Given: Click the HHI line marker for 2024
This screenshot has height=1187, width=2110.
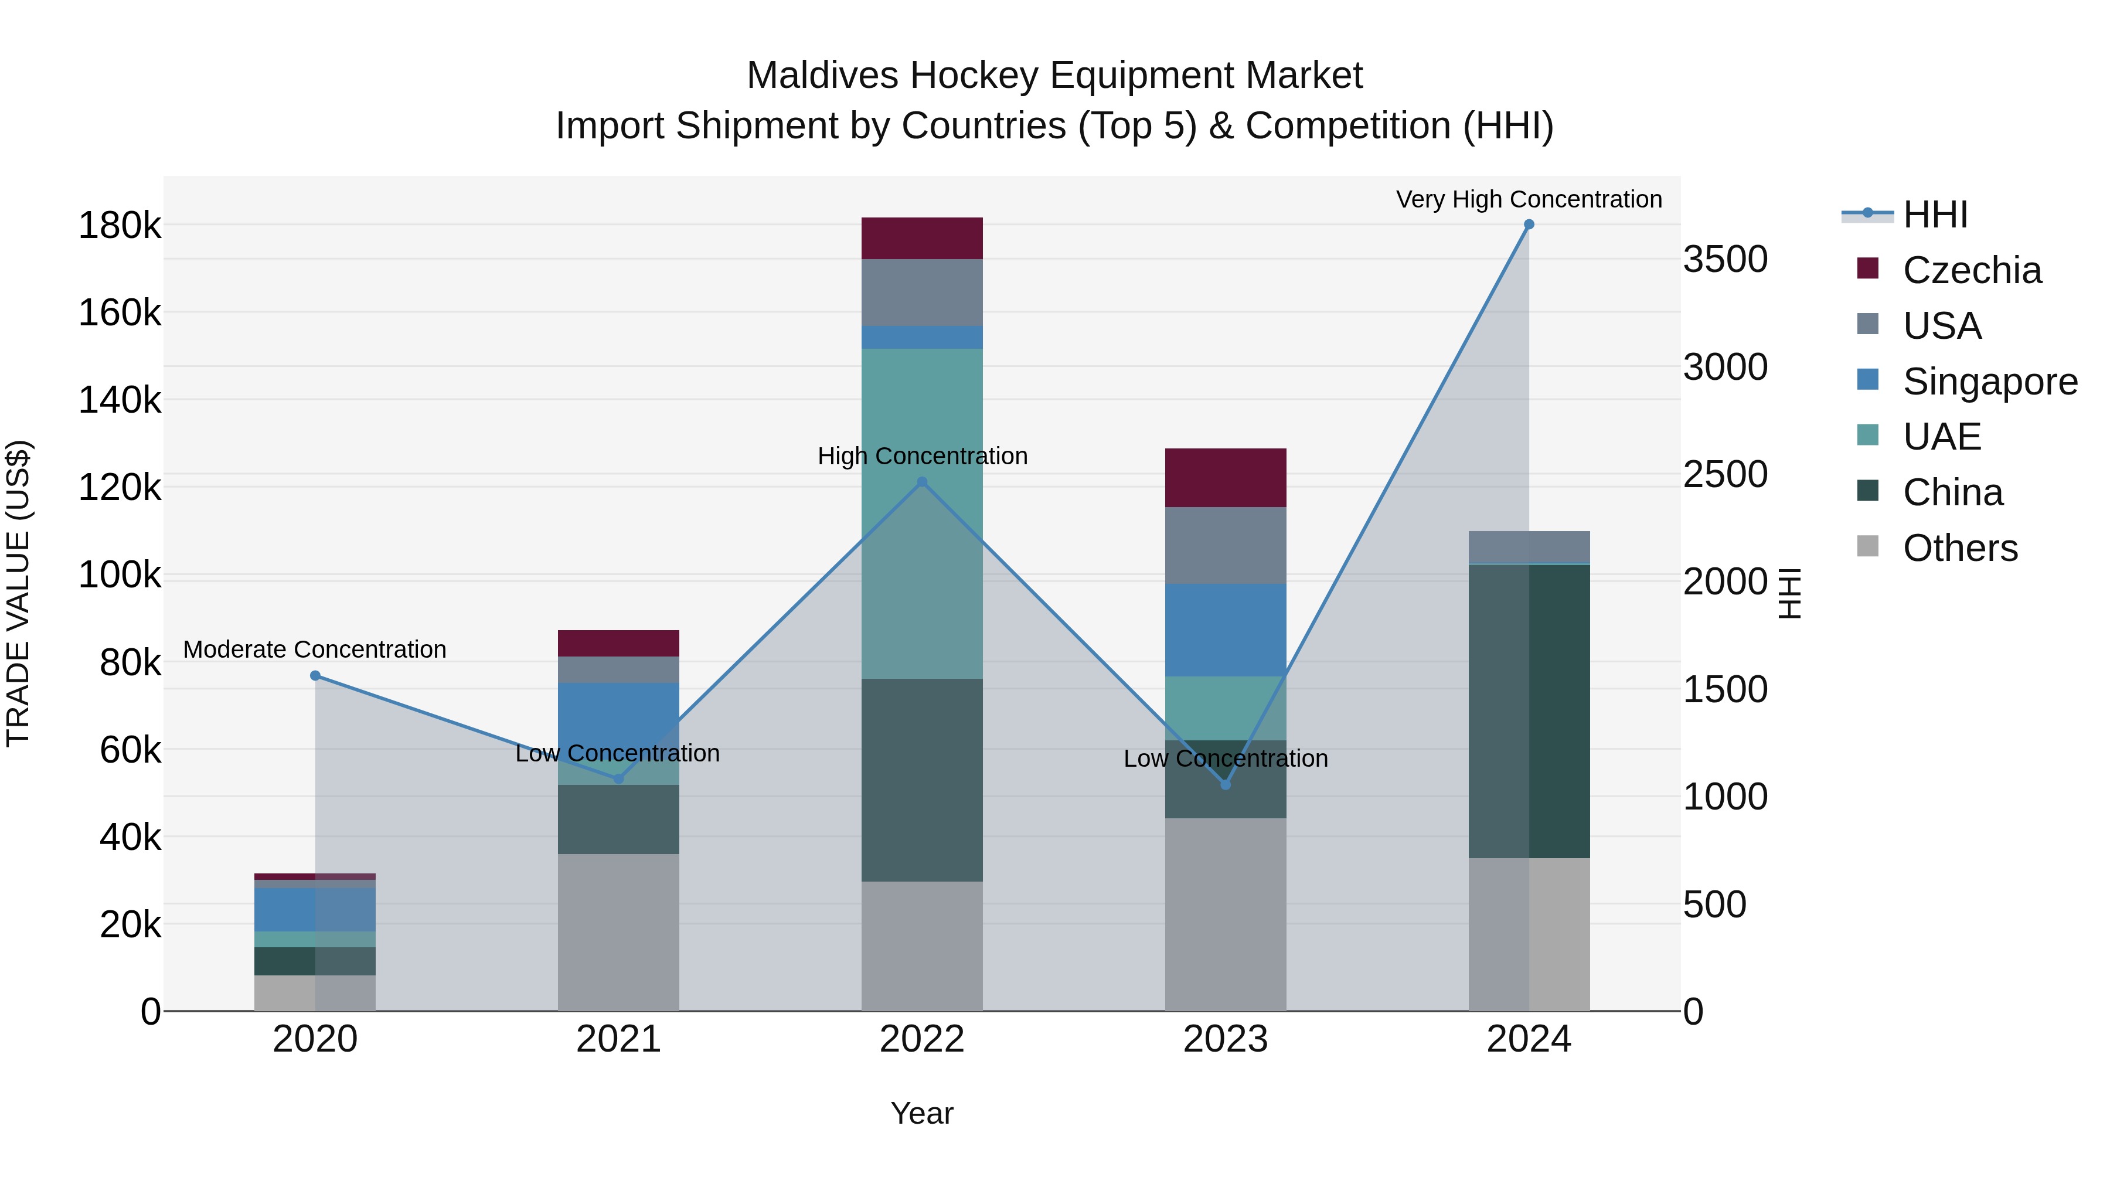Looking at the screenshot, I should [1529, 225].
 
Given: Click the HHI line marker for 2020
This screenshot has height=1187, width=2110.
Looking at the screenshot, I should [315, 675].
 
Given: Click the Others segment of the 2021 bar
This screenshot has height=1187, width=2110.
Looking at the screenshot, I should [618, 931].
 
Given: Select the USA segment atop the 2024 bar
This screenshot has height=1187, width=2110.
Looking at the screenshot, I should [1529, 546].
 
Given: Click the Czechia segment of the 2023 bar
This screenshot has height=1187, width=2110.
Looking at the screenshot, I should [1226, 478].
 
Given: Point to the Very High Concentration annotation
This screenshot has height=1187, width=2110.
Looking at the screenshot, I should [1529, 199].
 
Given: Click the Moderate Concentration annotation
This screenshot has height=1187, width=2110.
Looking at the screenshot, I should [315, 649].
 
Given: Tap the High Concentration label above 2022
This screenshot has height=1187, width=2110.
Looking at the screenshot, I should [923, 455].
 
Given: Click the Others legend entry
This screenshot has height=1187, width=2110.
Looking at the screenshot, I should [1960, 547].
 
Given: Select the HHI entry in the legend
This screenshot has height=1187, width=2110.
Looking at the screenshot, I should [1935, 214].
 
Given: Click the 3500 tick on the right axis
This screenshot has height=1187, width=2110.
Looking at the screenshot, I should [1725, 259].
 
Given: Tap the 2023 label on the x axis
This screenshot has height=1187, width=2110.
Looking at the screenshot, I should [1226, 1039].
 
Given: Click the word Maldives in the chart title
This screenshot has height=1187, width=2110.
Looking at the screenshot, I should [822, 76].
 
